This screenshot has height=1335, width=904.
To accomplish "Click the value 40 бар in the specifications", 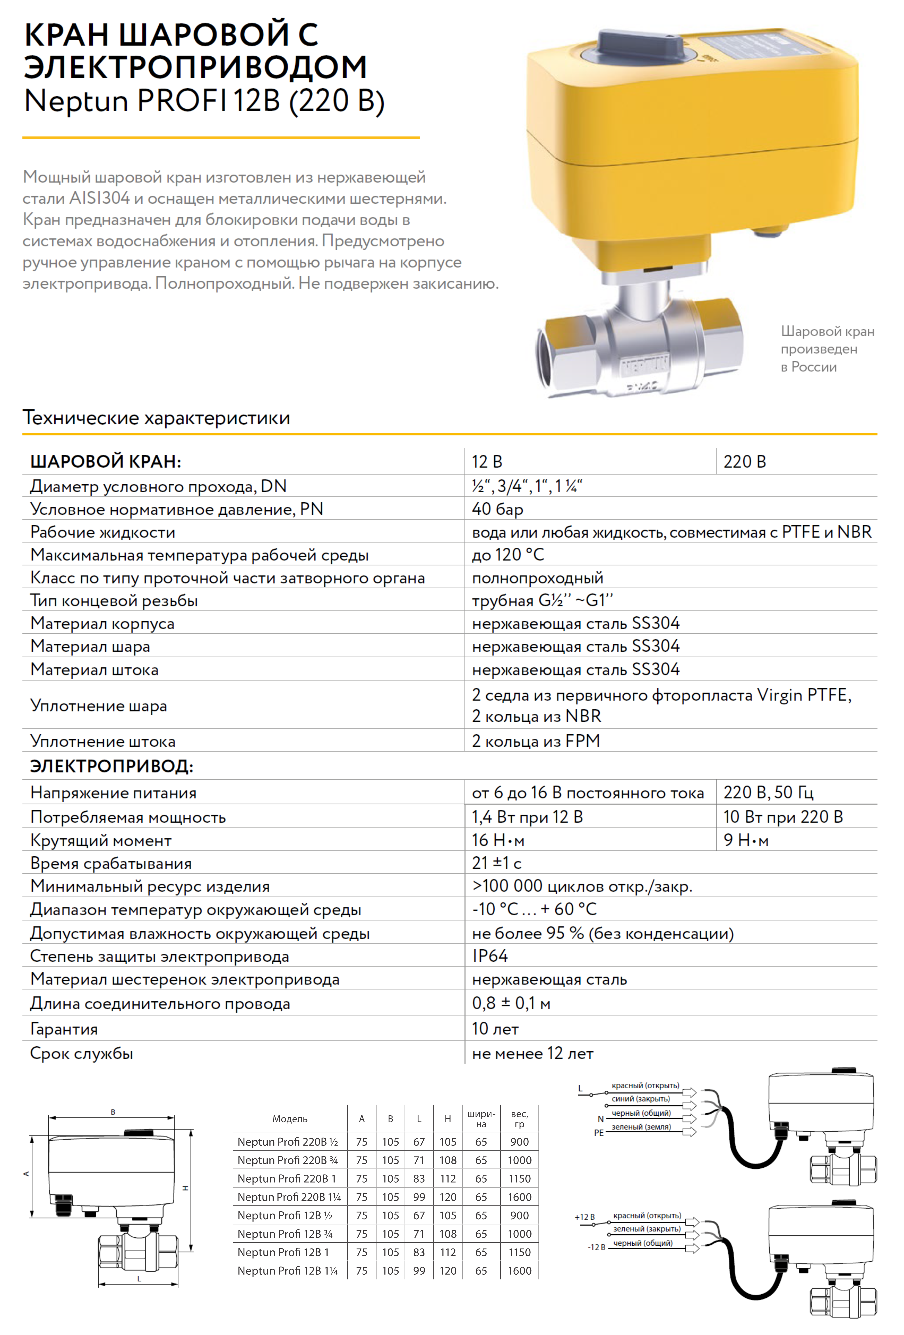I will click(x=497, y=509).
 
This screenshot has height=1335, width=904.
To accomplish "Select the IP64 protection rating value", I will click(x=490, y=956).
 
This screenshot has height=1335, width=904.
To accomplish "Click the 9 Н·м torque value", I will click(x=745, y=840).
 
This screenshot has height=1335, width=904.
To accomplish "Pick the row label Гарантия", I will click(x=64, y=1029).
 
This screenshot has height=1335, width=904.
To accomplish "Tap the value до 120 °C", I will click(x=508, y=555).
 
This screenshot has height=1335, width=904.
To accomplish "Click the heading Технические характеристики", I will click(x=156, y=418).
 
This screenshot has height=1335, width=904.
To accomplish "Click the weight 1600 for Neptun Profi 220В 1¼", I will click(x=519, y=1197).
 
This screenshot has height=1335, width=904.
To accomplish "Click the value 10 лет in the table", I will click(x=495, y=1029).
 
